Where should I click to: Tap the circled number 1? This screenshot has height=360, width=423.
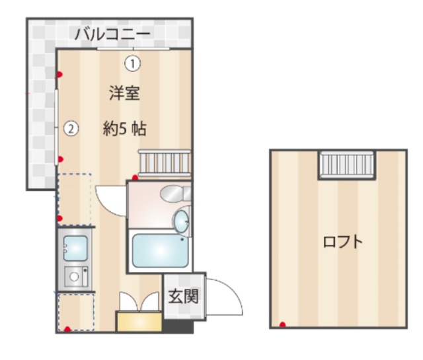(x=133, y=64)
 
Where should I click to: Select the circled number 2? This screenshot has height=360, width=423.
(x=71, y=129)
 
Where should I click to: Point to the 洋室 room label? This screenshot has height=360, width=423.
(x=124, y=93)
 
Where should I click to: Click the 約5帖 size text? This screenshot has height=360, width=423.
(x=124, y=129)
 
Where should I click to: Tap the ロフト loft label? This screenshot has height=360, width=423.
(x=342, y=242)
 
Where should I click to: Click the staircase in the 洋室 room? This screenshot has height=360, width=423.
(x=165, y=162)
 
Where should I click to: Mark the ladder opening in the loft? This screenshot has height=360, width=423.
(x=346, y=164)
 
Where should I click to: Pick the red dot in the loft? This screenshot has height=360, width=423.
(x=282, y=324)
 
